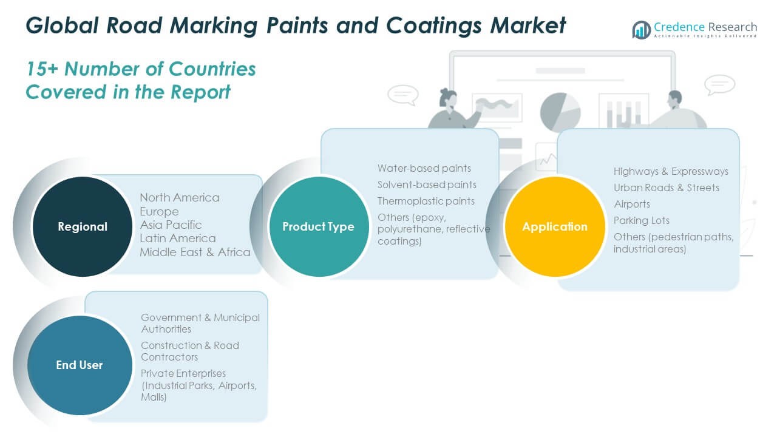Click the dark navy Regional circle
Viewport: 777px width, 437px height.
point(83,226)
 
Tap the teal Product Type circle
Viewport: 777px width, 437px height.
point(319,226)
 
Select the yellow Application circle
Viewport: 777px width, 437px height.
point(555,226)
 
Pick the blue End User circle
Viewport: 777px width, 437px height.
point(80,365)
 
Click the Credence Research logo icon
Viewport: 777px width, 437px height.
point(642,30)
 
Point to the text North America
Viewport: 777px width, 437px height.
point(180,198)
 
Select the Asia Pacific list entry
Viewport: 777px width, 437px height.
point(171,225)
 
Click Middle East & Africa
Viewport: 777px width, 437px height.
point(195,252)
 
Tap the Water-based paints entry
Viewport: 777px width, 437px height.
point(424,168)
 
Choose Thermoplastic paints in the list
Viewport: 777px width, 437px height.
point(426,201)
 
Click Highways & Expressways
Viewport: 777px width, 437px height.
point(671,171)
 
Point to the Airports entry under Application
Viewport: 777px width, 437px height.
point(632,204)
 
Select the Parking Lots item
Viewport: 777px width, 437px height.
point(642,220)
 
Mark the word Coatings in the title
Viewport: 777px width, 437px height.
point(433,26)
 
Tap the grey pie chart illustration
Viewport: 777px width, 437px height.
point(560,112)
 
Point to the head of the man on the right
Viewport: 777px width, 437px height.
point(674,98)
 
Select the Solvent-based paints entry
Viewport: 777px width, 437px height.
point(427,185)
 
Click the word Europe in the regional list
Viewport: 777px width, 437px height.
point(159,211)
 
